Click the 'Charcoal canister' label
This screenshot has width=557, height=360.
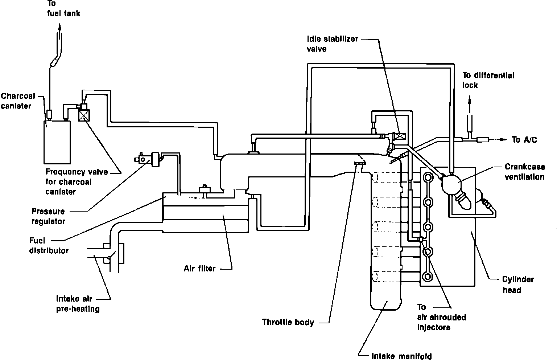tap(18, 101)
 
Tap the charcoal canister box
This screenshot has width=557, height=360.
tap(57, 142)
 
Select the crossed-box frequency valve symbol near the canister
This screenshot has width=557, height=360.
tap(84, 115)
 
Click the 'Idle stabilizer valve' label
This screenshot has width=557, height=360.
tap(332, 44)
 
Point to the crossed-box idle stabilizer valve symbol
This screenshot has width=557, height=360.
tap(400, 136)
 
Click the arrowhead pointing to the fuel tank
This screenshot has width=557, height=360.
tap(60, 27)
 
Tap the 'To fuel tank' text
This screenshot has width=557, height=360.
tap(64, 8)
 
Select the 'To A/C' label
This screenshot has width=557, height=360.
tap(524, 140)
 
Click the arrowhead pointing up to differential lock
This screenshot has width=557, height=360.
tap(470, 100)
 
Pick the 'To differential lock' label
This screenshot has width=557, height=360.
tap(488, 80)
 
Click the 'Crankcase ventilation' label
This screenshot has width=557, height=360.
tap(525, 172)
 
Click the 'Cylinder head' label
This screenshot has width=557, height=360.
tap(518, 285)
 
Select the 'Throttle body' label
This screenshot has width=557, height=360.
tap(288, 322)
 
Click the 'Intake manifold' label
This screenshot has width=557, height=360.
tap(401, 356)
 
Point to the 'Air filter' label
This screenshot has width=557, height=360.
tap(200, 269)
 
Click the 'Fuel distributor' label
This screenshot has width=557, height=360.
tap(49, 246)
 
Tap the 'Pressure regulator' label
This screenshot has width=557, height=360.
tap(48, 216)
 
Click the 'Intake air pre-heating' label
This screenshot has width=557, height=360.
tap(78, 303)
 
